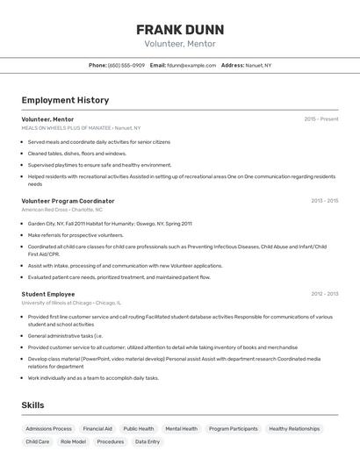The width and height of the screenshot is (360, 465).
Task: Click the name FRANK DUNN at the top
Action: pyautogui.click(x=180, y=29)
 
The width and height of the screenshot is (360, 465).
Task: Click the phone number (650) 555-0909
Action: pyautogui.click(x=126, y=65)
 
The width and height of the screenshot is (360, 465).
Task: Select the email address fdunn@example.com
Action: pyautogui.click(x=191, y=65)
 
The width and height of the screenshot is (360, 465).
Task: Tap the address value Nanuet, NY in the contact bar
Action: pyautogui.click(x=259, y=65)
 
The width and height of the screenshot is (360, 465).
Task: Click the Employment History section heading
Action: pyautogui.click(x=65, y=100)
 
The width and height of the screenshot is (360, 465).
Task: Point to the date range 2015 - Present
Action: pyautogui.click(x=320, y=118)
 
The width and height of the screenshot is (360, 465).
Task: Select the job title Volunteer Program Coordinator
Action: pyautogui.click(x=68, y=201)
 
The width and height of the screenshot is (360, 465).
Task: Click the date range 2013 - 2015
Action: pyautogui.click(x=324, y=201)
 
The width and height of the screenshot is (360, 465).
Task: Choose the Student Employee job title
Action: pyautogui.click(x=48, y=294)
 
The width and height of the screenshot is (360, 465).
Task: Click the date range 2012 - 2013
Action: pyautogui.click(x=324, y=294)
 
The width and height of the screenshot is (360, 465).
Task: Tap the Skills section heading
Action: pyautogui.click(x=33, y=404)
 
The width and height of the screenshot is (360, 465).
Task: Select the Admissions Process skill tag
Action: pyautogui.click(x=49, y=429)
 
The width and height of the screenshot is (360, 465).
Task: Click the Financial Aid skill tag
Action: pyautogui.click(x=97, y=429)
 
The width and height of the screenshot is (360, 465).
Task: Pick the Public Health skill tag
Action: pyautogui.click(x=139, y=429)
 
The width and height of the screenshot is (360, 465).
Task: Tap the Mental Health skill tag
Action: pyautogui.click(x=182, y=429)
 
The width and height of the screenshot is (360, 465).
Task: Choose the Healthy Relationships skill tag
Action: pyautogui.click(x=294, y=429)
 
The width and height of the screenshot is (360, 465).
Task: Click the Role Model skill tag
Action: pyautogui.click(x=74, y=442)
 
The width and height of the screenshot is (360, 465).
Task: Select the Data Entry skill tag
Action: pyautogui.click(x=148, y=442)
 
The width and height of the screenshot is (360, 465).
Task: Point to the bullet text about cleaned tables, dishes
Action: pyautogui.click(x=77, y=154)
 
